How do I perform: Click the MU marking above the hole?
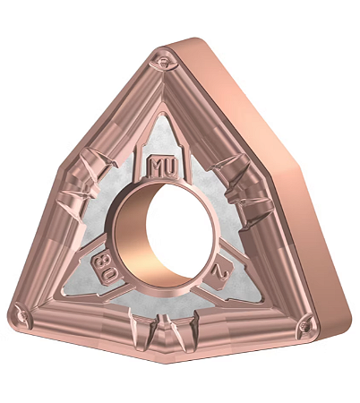coord(163,167)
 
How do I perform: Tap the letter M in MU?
coord(157,167)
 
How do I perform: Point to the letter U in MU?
coord(169,167)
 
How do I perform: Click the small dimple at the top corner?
coord(163,62)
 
